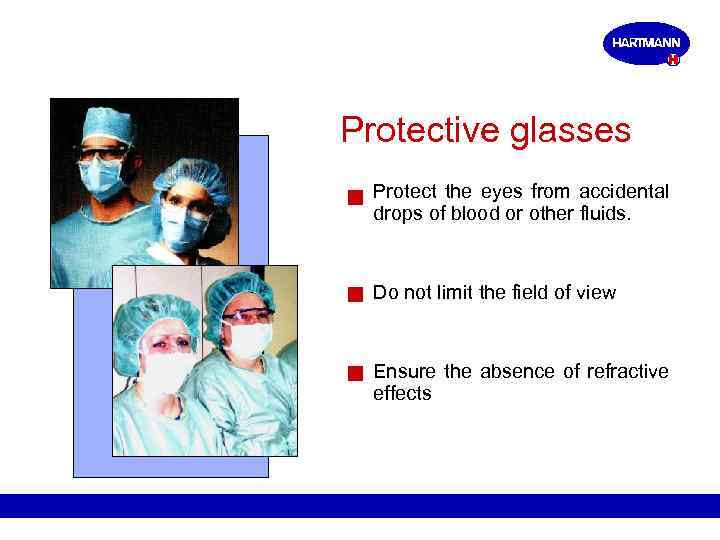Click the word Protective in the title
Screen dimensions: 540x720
tap(413, 131)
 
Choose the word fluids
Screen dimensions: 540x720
tap(605, 212)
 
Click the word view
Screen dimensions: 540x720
tap(596, 292)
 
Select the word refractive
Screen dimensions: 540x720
tap(628, 371)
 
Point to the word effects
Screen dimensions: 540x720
tap(402, 393)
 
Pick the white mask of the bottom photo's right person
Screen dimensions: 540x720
tap(249, 340)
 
